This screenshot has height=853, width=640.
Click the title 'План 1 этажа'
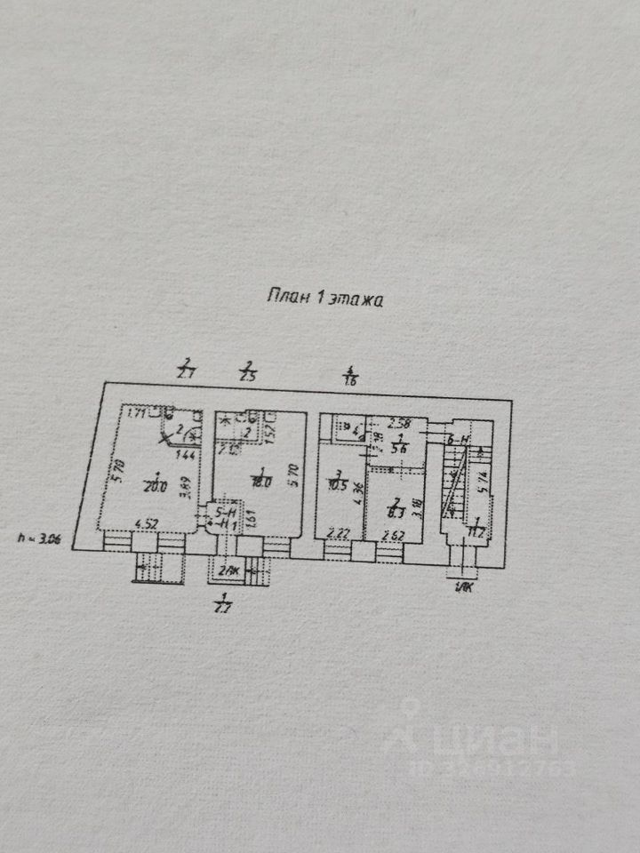pos(324,299)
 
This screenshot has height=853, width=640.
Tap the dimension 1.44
pos(187,455)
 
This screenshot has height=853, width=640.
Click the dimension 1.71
pos(136,412)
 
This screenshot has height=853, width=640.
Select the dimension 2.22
pos(339,534)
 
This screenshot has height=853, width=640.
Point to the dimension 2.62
pos(392,534)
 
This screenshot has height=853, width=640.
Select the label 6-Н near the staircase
pos(459,440)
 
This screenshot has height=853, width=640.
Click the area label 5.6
pos(400,449)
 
